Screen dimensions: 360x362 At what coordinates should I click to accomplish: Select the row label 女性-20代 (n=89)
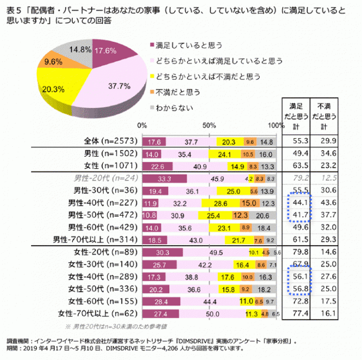tap(105, 252)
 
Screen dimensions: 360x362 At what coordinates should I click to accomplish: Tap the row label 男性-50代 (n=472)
tap(102, 215)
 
